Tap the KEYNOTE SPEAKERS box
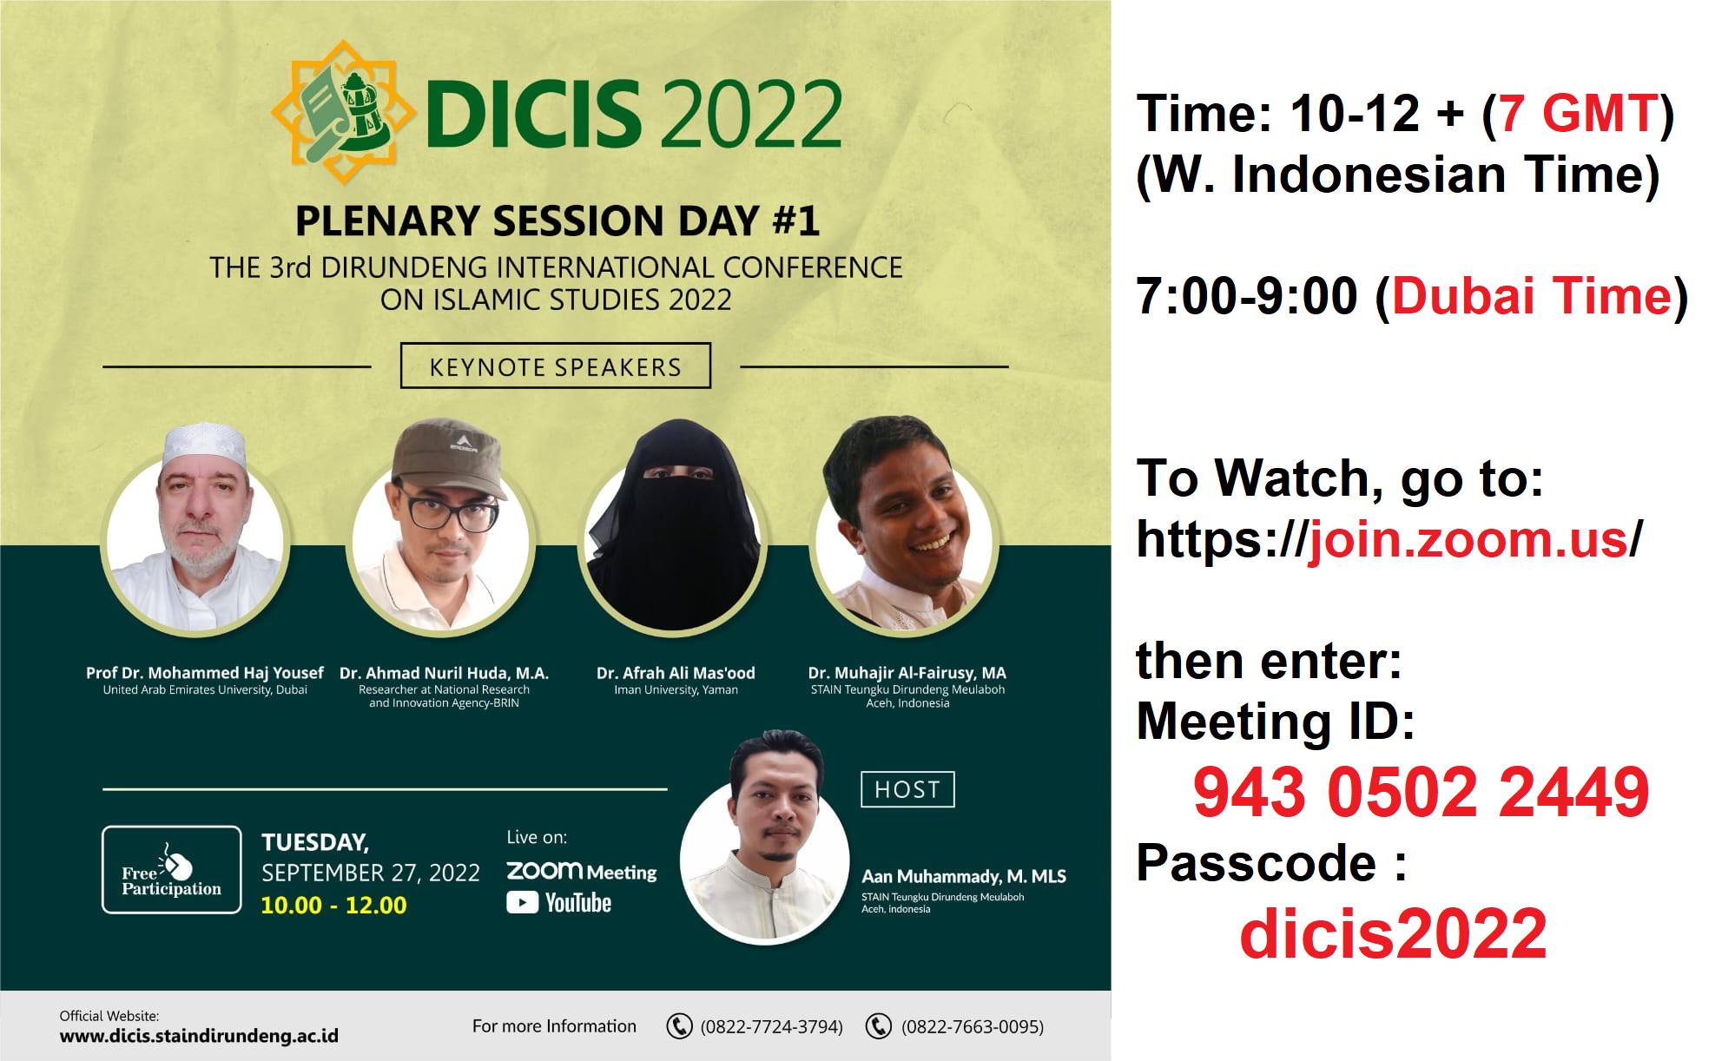(556, 366)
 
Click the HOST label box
(907, 789)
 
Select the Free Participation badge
(172, 869)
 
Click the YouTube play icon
(522, 903)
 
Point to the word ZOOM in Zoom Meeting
(544, 870)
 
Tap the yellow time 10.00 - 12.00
(333, 906)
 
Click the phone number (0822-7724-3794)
(771, 1026)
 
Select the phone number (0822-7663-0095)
(973, 1026)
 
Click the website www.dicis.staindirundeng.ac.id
(199, 1036)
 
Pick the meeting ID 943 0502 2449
(1421, 792)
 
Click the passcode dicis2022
(1393, 933)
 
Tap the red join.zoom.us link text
(1468, 540)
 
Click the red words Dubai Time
(1532, 296)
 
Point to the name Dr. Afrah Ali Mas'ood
(676, 673)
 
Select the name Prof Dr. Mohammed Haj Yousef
(205, 673)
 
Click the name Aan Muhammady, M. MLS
(964, 876)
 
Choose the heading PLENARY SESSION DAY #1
(557, 221)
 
